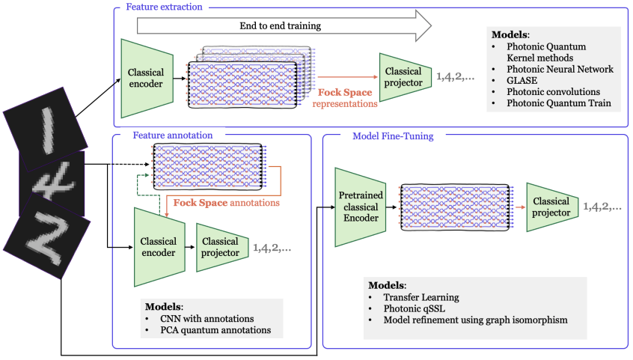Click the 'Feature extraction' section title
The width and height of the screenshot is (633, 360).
click(x=164, y=7)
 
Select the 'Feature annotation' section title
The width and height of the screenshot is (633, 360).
click(x=173, y=135)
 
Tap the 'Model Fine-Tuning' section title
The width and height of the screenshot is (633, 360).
click(x=394, y=136)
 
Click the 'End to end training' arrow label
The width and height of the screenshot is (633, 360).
click(x=280, y=26)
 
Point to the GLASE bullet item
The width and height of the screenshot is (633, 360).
click(x=522, y=80)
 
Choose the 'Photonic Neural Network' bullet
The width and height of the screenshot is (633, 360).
click(x=560, y=69)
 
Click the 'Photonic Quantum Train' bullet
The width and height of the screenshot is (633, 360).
click(x=559, y=103)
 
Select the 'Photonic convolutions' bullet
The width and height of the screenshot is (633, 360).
click(x=553, y=92)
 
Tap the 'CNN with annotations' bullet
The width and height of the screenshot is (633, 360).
click(x=207, y=319)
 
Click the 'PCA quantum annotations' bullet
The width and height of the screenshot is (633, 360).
click(x=215, y=330)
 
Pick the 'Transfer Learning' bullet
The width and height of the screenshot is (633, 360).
click(x=421, y=297)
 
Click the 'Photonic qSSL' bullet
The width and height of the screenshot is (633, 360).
click(x=415, y=308)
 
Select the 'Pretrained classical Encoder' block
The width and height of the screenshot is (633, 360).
click(x=361, y=207)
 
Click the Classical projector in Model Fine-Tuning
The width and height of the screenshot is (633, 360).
click(x=552, y=207)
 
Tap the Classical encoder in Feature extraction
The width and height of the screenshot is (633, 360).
click(x=147, y=78)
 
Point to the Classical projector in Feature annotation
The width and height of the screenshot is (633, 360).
click(x=222, y=247)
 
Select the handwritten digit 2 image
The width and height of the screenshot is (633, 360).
click(x=47, y=236)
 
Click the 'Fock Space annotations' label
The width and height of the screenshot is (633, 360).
click(x=227, y=202)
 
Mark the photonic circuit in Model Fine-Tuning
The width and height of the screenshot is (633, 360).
click(x=456, y=207)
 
